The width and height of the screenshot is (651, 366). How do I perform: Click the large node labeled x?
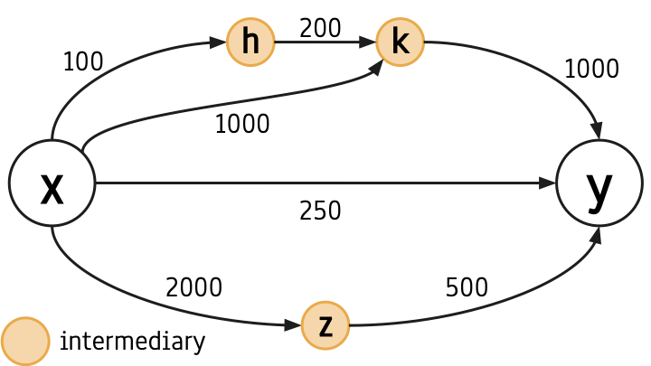(52, 183)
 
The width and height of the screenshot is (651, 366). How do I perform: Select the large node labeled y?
(599, 183)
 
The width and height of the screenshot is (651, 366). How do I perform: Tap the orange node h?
(250, 42)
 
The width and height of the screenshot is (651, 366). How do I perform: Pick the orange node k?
(401, 42)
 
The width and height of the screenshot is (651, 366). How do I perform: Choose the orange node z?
(325, 325)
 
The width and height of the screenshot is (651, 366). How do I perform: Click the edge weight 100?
(83, 61)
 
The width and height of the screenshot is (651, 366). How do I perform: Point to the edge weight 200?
(320, 28)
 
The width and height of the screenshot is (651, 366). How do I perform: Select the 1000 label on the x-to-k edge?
(242, 124)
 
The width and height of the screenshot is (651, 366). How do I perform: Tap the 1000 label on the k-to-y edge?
(591, 69)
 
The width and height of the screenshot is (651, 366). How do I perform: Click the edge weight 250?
(320, 211)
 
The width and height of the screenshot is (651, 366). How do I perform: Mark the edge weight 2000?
(193, 287)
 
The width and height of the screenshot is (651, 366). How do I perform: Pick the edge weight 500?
(467, 287)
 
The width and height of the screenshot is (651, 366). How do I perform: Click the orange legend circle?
(25, 342)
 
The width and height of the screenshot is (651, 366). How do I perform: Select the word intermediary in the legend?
(132, 341)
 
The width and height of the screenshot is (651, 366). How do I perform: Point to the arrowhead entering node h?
(218, 42)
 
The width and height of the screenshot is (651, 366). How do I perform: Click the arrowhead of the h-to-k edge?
(367, 42)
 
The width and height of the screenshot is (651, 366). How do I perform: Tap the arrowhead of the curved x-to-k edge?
(376, 68)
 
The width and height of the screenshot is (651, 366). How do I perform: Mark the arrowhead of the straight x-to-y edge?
(547, 183)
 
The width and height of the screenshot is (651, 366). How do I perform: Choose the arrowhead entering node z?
(293, 325)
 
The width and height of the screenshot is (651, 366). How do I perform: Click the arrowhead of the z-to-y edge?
(596, 235)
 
